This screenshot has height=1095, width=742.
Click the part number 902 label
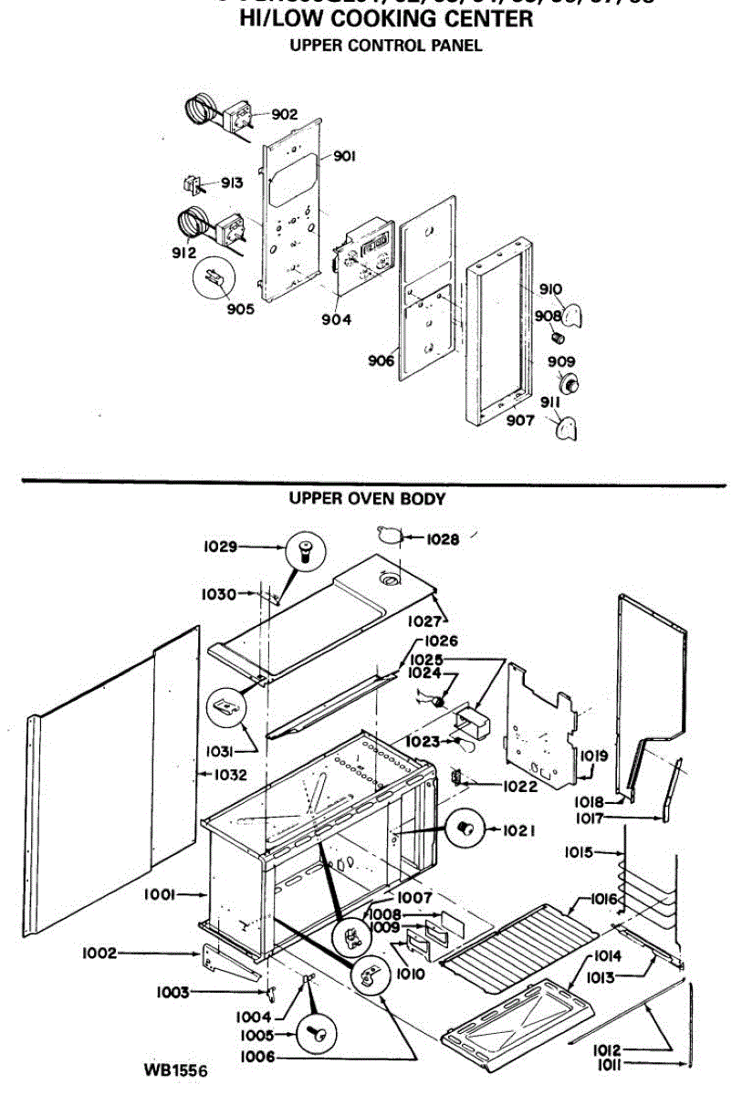(284, 114)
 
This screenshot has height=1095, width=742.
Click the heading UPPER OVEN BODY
(367, 499)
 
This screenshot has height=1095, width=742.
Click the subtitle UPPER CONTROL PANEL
(385, 46)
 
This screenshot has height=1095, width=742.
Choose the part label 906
(381, 360)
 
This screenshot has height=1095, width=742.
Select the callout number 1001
(160, 895)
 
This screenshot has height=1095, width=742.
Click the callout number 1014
(607, 956)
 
